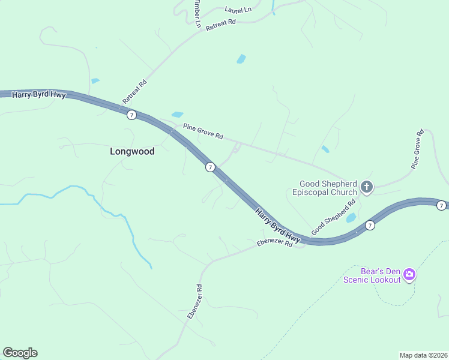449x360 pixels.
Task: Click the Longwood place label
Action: (132, 151)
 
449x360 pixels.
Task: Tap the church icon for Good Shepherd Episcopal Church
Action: (366, 188)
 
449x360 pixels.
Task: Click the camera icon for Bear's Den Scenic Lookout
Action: (409, 275)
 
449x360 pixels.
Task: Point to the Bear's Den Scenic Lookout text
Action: (372, 275)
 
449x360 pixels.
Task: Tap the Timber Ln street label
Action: (197, 13)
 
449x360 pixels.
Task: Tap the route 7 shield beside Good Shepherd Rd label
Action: (370, 225)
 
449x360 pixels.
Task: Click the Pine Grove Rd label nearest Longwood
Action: (203, 131)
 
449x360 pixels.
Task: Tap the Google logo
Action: (20, 353)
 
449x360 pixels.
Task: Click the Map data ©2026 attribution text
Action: (423, 355)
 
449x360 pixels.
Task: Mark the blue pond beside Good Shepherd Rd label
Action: (351, 218)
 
